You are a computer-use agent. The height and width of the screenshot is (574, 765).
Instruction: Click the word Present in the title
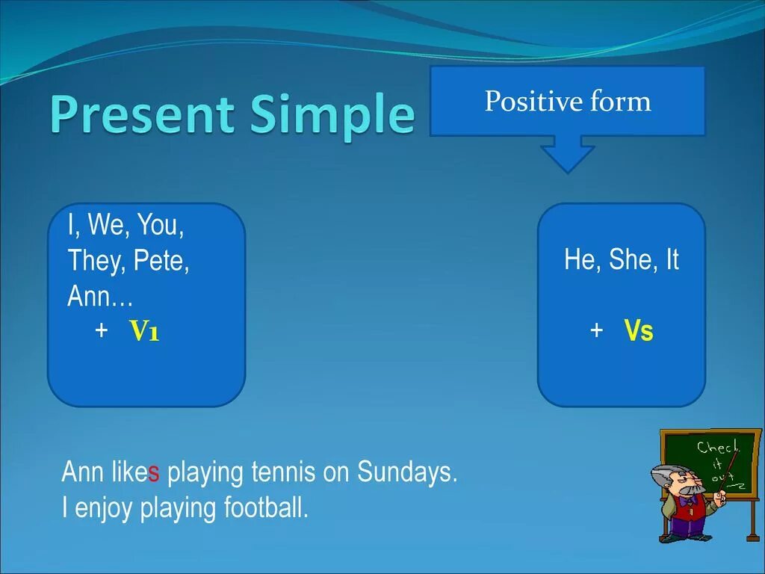click(x=141, y=114)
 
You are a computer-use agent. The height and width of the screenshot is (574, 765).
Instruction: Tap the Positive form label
click(x=568, y=101)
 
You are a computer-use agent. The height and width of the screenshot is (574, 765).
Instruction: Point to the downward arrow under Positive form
click(x=568, y=154)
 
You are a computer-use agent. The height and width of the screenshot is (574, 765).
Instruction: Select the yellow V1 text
click(x=144, y=330)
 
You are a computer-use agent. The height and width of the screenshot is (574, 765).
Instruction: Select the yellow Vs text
click(x=639, y=330)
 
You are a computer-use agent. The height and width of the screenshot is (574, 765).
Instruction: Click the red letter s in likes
click(x=154, y=472)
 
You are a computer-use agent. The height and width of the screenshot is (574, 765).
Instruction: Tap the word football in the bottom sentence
click(x=267, y=507)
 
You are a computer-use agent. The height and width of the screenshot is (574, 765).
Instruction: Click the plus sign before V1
click(x=102, y=330)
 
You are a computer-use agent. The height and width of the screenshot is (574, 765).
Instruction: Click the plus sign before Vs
click(x=596, y=330)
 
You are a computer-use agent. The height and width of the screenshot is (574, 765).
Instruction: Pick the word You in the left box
click(x=161, y=225)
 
